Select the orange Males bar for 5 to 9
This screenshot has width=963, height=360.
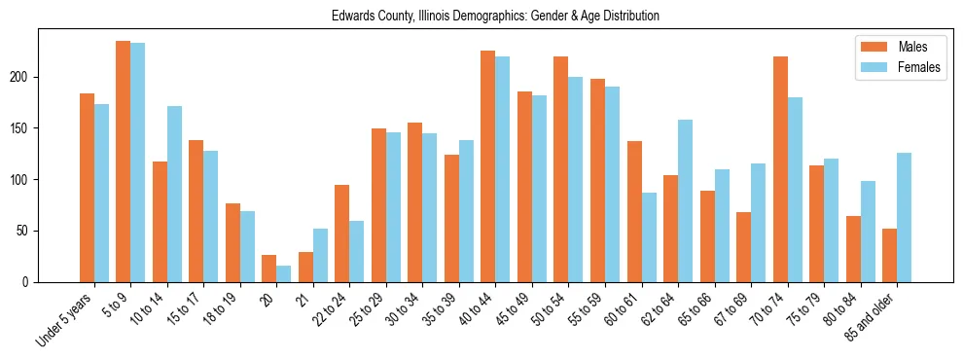coord(124,162)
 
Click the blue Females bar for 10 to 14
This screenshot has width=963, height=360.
coord(174,195)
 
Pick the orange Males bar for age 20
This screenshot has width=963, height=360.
coord(269,269)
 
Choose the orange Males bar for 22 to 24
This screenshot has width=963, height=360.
coord(342,234)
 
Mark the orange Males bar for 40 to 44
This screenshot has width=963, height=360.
coord(488,166)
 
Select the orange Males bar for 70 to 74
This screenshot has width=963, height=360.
coord(780,169)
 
